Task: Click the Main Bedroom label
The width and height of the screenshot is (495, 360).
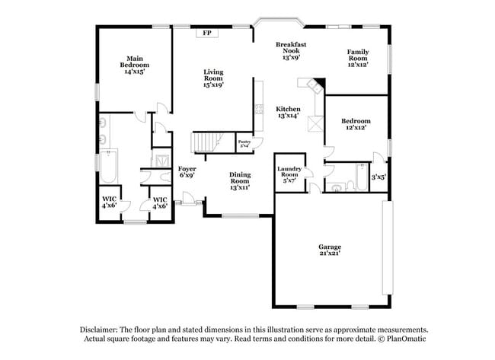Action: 135,65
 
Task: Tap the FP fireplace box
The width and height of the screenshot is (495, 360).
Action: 207,33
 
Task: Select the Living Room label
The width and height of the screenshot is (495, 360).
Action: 212,78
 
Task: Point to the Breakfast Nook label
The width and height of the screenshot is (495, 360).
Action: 291,51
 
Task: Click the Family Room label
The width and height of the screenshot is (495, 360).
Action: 358,59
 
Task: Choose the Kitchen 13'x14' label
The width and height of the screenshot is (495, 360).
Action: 288,113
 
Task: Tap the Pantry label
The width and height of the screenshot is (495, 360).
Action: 244,143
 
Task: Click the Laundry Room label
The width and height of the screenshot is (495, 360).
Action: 289,175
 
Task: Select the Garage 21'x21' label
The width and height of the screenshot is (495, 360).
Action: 330,250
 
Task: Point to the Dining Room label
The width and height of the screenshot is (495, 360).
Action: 240,180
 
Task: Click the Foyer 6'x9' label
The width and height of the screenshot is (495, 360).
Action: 187,172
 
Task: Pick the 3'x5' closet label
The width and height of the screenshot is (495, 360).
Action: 378,177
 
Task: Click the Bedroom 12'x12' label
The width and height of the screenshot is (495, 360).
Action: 356,124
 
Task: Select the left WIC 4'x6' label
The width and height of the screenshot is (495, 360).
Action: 110,202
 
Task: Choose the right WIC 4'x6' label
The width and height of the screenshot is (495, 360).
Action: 160,202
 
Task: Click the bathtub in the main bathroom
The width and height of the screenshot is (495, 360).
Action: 107,168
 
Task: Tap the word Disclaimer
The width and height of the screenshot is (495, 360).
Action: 101,330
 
